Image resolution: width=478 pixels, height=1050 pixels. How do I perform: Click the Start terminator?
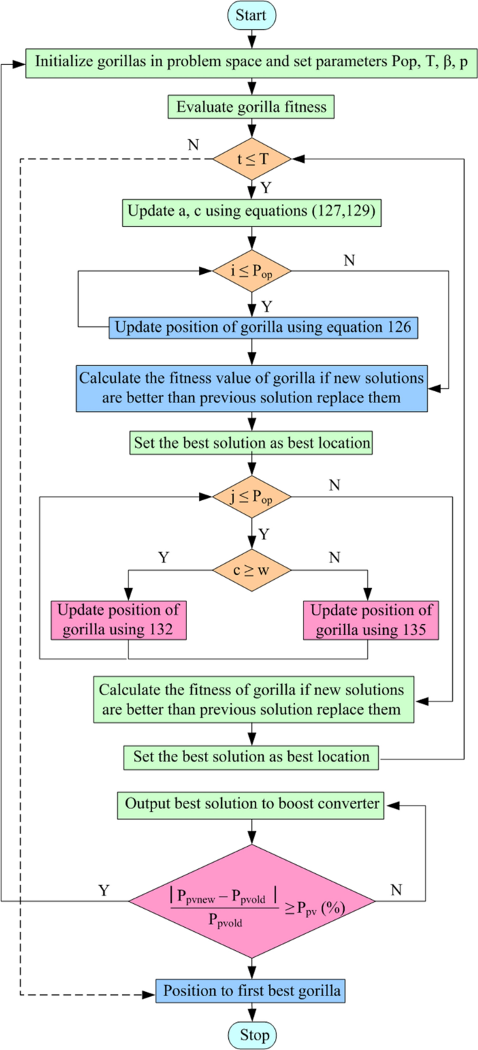coord(251,15)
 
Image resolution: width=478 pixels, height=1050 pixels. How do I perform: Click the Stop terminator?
coord(251,1033)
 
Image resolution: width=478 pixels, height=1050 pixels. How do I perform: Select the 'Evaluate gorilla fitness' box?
coord(251,108)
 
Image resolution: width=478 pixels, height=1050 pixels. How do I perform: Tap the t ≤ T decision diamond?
coord(251,159)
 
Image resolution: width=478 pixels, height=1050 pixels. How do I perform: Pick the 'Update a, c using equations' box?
coord(251,212)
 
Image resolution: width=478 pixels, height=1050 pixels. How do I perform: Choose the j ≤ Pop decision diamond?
coord(251,497)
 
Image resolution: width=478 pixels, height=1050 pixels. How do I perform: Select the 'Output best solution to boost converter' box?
coord(251,804)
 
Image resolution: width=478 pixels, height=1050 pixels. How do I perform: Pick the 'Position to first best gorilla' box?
coord(251,991)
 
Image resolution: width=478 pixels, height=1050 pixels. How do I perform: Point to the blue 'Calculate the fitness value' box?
coord(251,387)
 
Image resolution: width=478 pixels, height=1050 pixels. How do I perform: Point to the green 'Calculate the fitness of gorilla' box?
coord(251,700)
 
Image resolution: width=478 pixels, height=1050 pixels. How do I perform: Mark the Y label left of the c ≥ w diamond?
coord(164,558)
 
